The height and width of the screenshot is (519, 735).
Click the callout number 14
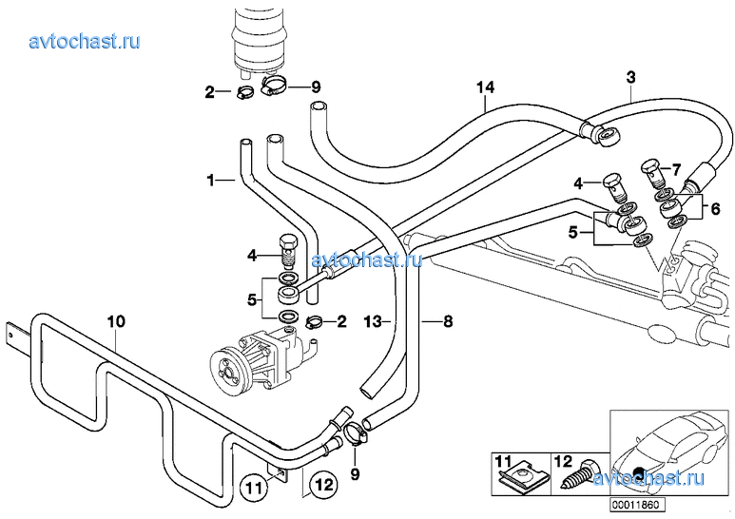click(486, 88)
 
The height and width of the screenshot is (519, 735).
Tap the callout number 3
click(629, 76)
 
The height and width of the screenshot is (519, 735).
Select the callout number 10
click(115, 321)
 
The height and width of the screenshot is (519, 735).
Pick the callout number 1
click(212, 179)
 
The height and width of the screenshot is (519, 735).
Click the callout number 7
click(676, 169)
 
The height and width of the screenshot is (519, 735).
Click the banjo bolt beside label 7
click(651, 174)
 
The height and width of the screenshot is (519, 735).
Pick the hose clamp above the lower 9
click(354, 433)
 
